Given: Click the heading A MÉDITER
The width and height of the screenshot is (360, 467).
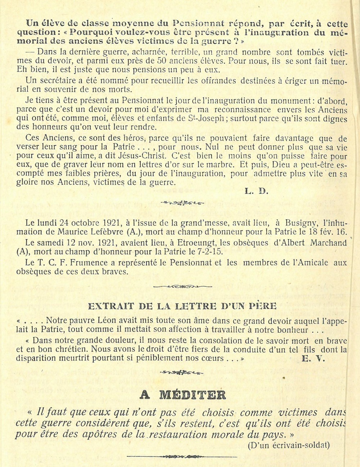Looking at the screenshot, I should (x=183, y=395).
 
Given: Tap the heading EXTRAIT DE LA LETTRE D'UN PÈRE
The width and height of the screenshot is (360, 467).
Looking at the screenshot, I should (x=182, y=306).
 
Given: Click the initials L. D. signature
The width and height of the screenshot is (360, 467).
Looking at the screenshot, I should (x=257, y=191).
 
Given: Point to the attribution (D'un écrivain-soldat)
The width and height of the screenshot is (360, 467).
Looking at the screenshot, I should (x=289, y=445).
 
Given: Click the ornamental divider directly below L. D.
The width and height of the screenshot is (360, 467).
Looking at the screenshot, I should (x=182, y=203).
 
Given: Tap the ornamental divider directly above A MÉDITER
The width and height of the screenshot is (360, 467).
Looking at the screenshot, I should (x=182, y=372).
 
